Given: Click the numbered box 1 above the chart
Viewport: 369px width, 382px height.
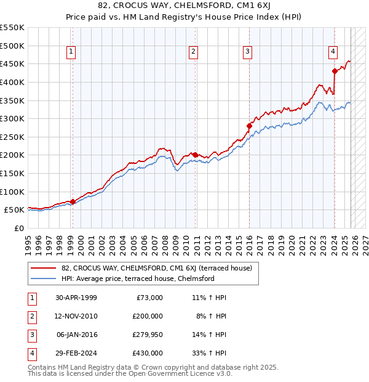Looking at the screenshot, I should (x=72, y=52).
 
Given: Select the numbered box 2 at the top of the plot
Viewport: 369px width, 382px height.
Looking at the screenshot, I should (x=193, y=52).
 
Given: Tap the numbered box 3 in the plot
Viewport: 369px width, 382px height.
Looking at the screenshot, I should (x=247, y=52).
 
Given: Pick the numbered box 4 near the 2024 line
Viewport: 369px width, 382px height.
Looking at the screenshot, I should (x=332, y=52).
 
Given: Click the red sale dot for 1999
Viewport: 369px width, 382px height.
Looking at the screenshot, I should (x=73, y=201).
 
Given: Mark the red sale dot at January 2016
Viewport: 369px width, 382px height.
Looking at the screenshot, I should (x=249, y=126).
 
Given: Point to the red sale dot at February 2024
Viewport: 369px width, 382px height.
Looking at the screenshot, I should (x=335, y=71).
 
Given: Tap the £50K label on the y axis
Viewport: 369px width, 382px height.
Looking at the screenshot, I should (x=15, y=210).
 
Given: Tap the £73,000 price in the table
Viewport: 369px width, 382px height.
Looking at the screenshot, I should (x=148, y=298).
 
